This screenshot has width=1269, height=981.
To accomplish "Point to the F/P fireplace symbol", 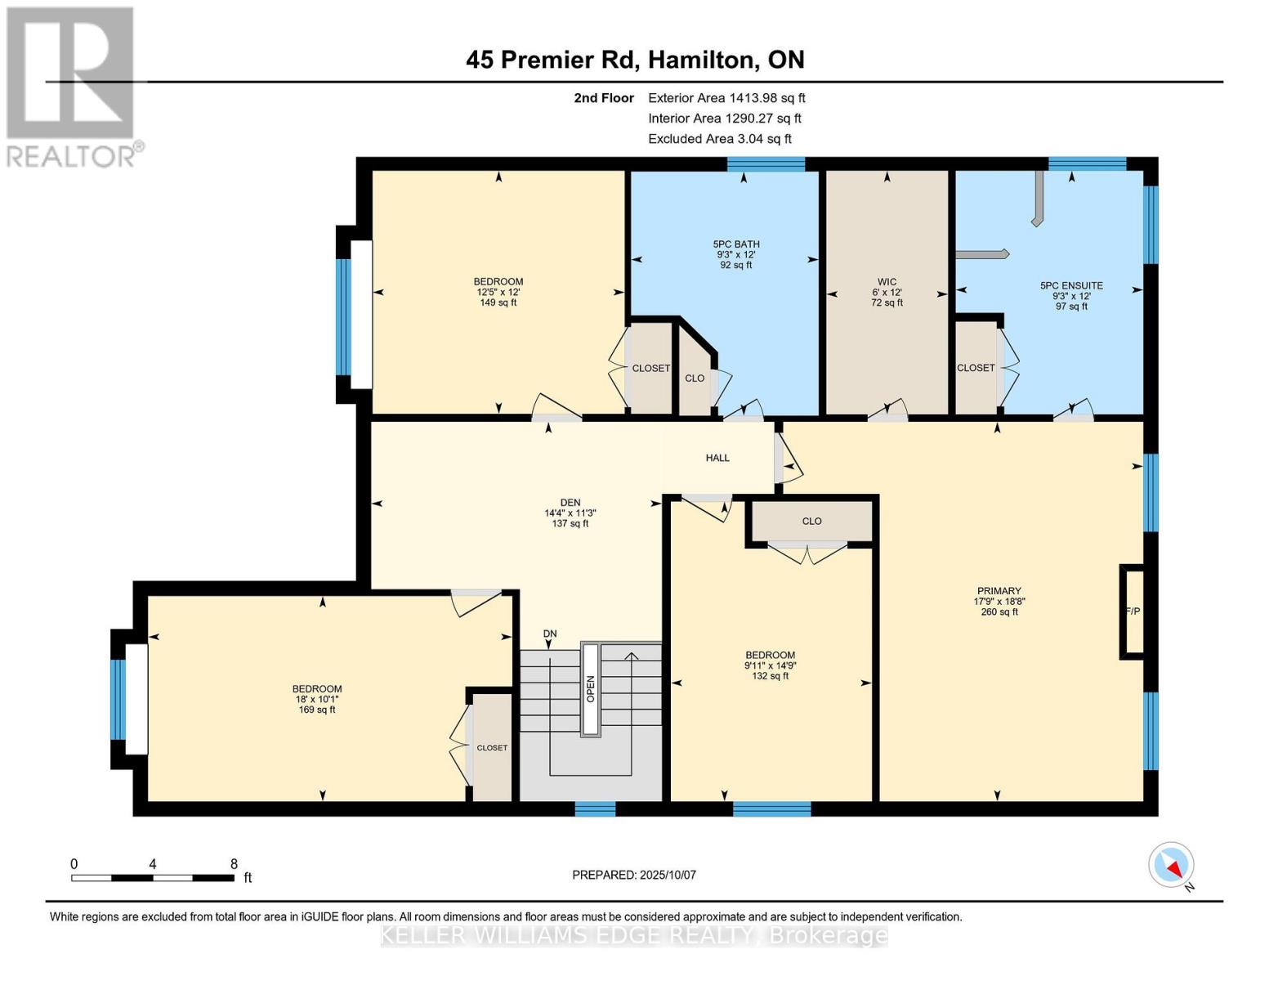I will coord(1133,611).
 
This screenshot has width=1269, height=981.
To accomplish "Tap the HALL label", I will coord(717,458).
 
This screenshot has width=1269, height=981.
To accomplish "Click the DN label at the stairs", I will coord(550,634).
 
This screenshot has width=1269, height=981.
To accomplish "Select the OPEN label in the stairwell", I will coord(591,689).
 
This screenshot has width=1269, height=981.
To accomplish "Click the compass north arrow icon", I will coord(1172,866).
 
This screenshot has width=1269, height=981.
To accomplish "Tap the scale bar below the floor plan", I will coord(153,878).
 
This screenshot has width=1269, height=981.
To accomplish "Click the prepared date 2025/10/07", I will coord(634,875).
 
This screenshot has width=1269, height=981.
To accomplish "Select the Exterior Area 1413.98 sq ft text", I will coord(726,98).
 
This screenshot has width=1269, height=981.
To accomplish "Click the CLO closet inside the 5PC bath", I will coord(695,379).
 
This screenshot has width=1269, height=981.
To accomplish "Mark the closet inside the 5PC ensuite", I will coord(976,368).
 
